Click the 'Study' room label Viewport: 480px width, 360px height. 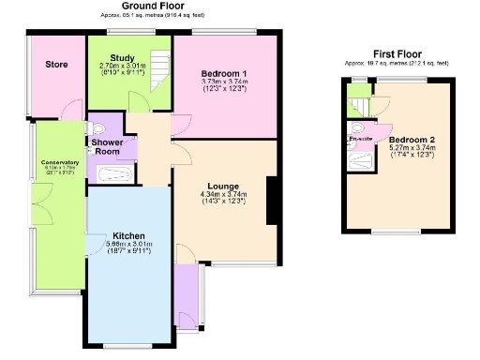tap(117, 58)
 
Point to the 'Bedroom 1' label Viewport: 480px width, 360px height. tap(224, 72)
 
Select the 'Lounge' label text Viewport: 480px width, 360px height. tap(221, 184)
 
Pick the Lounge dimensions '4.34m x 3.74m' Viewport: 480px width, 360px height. tap(221, 194)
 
